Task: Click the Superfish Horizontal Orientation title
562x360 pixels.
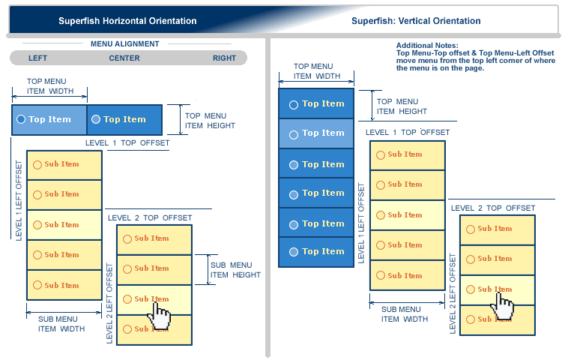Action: click(127, 21)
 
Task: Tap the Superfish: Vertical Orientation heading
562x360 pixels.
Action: click(416, 21)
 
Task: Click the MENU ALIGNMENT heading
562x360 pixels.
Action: click(125, 44)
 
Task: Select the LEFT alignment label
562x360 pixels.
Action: click(37, 58)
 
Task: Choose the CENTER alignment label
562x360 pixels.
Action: click(124, 58)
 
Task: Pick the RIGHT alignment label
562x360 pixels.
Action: click(224, 58)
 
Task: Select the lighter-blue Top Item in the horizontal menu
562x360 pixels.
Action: click(49, 119)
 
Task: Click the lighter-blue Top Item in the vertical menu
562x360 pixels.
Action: click(315, 133)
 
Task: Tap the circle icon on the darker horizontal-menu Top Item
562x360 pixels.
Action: click(96, 119)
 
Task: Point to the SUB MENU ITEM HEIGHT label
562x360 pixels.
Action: click(235, 270)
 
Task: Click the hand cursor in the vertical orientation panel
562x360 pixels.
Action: click(504, 304)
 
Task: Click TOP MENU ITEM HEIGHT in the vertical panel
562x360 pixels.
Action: click(402, 106)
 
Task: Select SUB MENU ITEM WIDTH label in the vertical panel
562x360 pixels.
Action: click(401, 314)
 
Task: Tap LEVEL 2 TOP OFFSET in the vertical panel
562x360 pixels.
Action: click(492, 208)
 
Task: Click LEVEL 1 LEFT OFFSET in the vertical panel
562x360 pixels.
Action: click(361, 222)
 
